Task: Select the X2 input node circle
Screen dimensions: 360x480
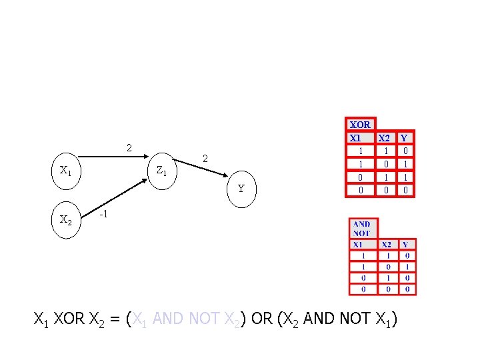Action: [66, 219]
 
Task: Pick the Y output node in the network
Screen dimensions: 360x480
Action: [241, 189]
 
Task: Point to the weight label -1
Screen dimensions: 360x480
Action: [103, 215]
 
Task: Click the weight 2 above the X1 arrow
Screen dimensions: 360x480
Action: [129, 147]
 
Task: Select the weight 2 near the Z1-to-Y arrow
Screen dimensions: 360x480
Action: [205, 159]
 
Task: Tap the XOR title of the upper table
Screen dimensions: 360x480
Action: [360, 125]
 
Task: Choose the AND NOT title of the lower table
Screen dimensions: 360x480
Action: [362, 229]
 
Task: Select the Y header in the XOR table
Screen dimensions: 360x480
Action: [405, 139]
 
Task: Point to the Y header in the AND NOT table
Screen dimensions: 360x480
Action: [407, 245]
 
